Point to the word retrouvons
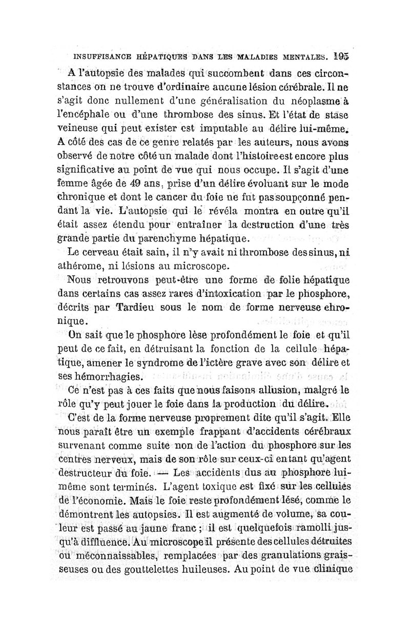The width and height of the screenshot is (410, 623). coord(116,280)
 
